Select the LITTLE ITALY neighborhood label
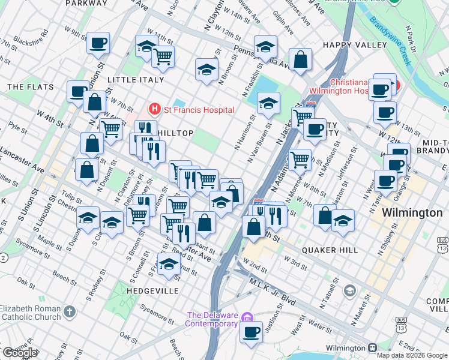pos(135,80)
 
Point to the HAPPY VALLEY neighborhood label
pos(355,45)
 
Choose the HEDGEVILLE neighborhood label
pos(152,290)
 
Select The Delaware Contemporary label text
pos(212,319)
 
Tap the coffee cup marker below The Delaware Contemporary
pos(252,331)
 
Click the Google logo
pos(20,353)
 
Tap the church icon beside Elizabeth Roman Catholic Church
pos(70,312)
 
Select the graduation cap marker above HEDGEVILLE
pos(169,263)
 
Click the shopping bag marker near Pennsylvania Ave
pos(300,59)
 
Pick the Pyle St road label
pos(18,128)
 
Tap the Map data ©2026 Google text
pos(412,355)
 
